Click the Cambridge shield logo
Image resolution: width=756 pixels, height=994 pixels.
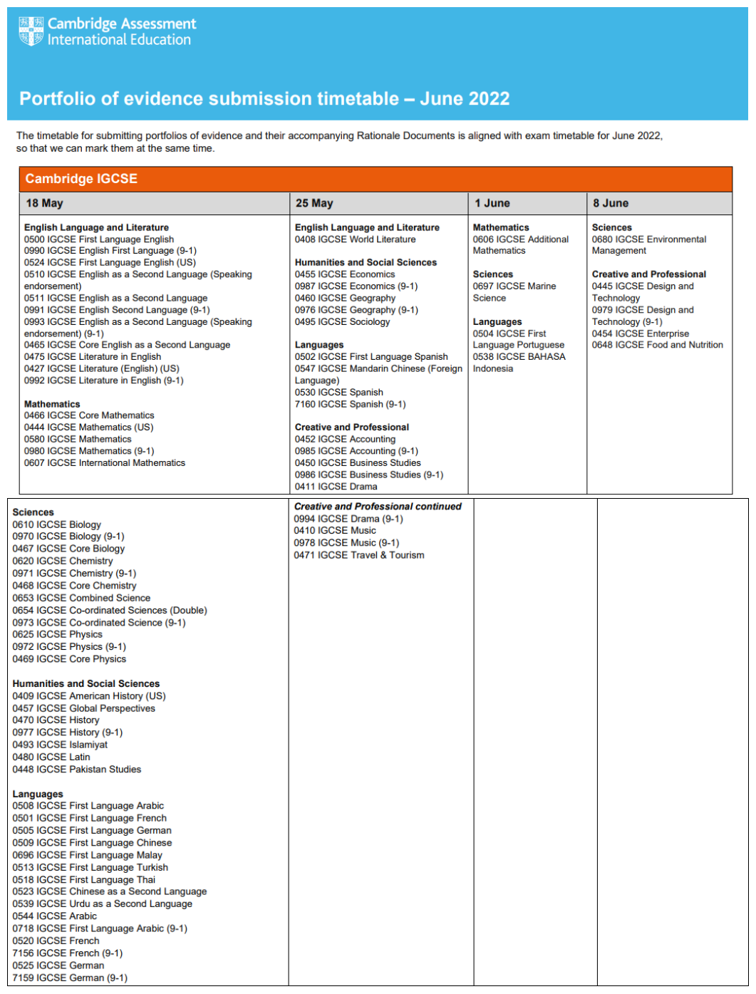[x=31, y=32]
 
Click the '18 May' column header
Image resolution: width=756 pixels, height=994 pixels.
[x=44, y=203]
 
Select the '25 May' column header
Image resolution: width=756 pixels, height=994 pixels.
[x=314, y=203]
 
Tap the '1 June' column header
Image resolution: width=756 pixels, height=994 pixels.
[x=492, y=203]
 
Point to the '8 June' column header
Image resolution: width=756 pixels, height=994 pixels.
[x=611, y=203]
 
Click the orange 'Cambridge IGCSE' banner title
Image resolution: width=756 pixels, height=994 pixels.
[x=81, y=179]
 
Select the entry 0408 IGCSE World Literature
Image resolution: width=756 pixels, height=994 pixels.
[x=355, y=239]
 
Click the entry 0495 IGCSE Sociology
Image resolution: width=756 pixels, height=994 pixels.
[x=342, y=321]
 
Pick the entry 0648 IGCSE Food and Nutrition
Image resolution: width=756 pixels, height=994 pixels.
[x=657, y=345]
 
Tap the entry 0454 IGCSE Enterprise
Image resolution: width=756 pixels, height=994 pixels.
[x=640, y=333]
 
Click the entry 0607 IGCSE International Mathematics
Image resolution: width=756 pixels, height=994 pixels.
[x=104, y=463]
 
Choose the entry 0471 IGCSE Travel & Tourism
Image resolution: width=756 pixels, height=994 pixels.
[x=358, y=555]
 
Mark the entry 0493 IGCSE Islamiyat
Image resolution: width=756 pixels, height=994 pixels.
[x=60, y=745]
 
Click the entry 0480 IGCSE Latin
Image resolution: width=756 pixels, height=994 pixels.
[x=51, y=757]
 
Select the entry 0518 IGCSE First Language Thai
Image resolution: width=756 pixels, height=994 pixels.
[x=83, y=879]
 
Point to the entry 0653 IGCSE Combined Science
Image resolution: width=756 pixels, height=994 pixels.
[x=81, y=598]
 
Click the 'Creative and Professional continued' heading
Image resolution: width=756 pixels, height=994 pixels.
[x=377, y=507]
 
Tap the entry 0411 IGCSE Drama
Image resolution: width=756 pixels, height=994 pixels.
[x=336, y=487]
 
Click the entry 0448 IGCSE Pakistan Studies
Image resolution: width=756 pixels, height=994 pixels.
[x=76, y=770]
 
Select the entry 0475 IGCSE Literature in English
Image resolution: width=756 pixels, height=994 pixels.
[x=92, y=357]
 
